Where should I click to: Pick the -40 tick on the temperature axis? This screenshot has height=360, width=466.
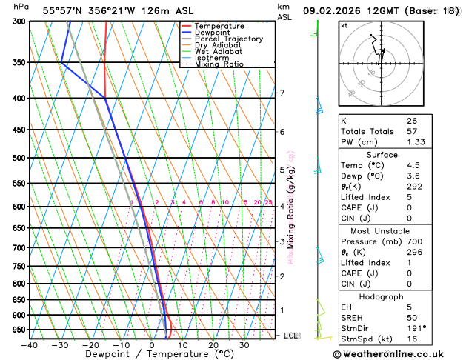point(30,345)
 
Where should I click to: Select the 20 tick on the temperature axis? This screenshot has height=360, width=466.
point(213,345)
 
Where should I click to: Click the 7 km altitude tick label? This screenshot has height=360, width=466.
point(282,93)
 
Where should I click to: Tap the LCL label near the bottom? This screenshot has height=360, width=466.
point(292,336)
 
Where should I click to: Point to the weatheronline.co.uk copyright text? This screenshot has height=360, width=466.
point(396,354)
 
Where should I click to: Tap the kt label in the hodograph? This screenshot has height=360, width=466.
point(344,25)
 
